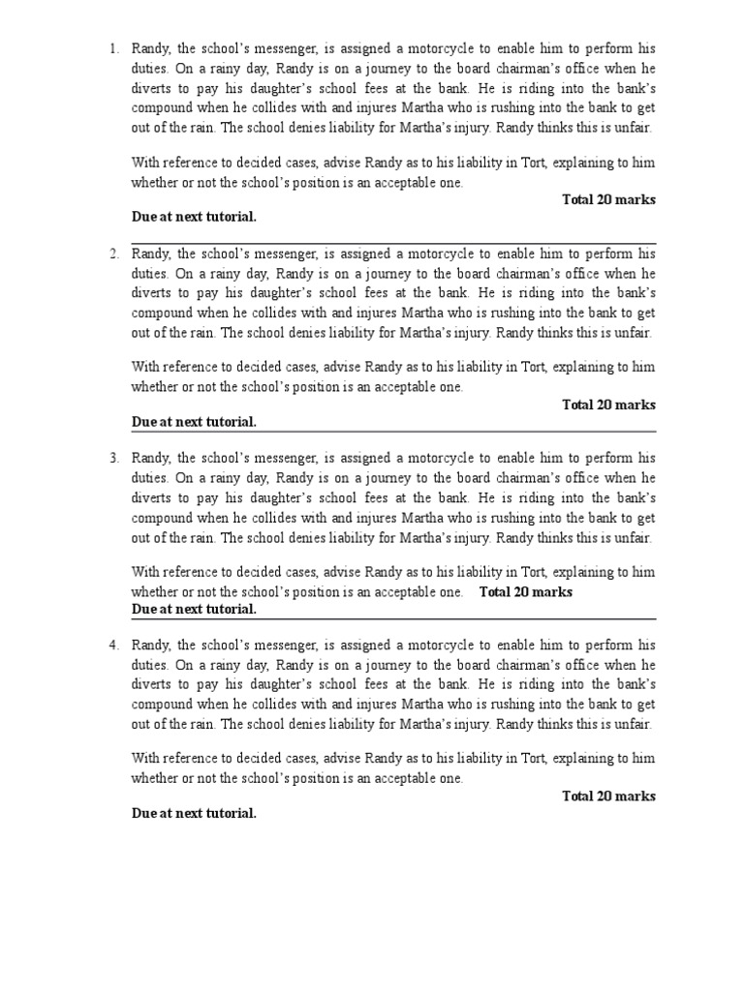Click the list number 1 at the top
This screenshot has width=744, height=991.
[112, 48]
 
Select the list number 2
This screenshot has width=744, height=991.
[112, 254]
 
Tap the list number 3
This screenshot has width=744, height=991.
[112, 458]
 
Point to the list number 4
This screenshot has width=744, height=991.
[112, 645]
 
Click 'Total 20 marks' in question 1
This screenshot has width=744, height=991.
[608, 200]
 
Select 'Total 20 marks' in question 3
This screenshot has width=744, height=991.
[526, 592]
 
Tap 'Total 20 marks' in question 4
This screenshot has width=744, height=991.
[608, 796]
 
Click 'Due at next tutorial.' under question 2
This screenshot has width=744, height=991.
[194, 422]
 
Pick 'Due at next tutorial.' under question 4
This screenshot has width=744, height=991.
[194, 814]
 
